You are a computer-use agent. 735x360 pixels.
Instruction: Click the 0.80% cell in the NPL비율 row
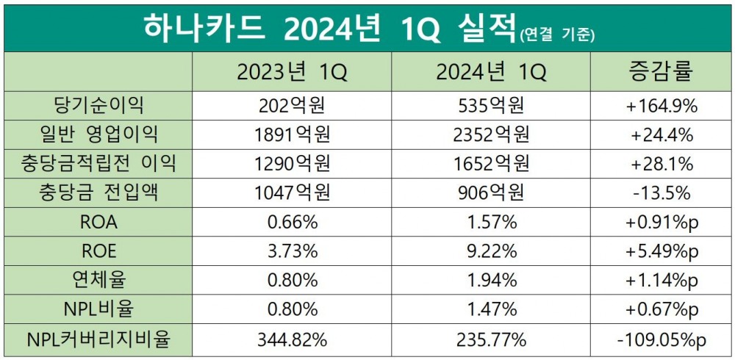click(x=292, y=310)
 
